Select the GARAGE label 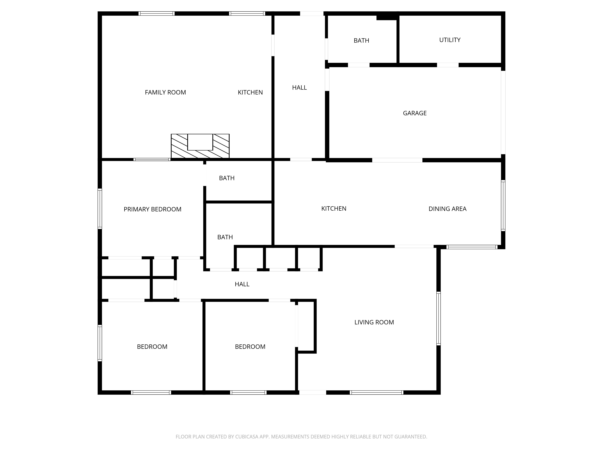414,113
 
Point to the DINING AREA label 447,209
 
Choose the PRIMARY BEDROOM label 152,209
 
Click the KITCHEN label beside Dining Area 333,208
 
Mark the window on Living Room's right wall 438,318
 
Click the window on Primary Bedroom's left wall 100,208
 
